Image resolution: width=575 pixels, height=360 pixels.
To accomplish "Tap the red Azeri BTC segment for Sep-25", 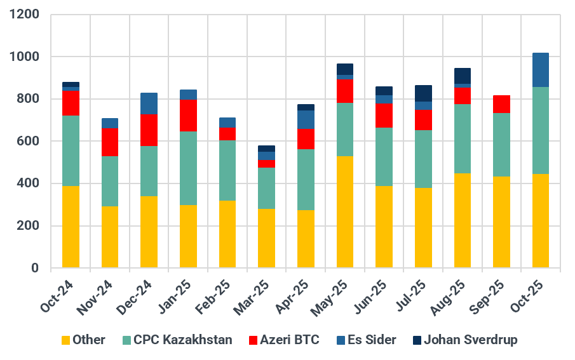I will coord(502,104).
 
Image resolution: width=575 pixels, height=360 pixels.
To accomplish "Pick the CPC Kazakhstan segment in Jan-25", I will coord(188,168).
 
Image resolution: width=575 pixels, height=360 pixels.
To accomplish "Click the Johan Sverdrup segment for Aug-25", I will coord(463,76).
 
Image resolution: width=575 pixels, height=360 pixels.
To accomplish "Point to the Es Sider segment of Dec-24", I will coord(149,103).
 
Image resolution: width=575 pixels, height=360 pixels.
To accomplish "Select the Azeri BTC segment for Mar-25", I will coord(267,163).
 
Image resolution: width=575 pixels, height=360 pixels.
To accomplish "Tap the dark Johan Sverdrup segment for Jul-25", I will coord(423,93).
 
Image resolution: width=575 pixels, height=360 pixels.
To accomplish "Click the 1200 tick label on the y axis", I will coord(25,15).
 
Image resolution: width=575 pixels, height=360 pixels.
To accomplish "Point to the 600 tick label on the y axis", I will coord(28,142).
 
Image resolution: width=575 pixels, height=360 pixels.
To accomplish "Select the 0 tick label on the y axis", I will coord(36,269).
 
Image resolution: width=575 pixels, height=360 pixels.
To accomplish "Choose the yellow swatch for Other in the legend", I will coord(65,340).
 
